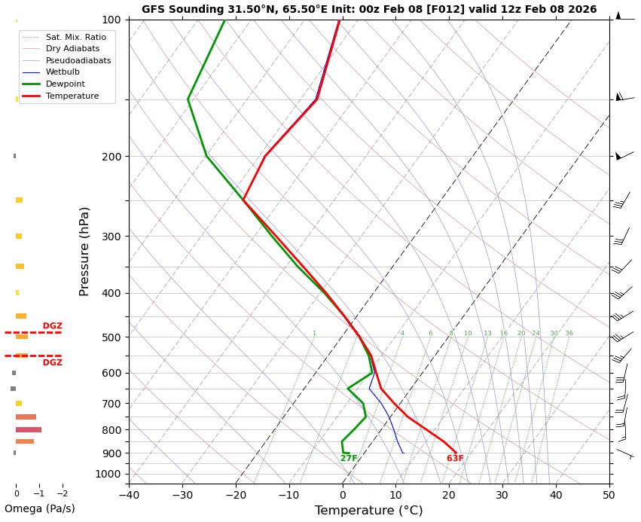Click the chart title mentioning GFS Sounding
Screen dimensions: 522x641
click(x=369, y=10)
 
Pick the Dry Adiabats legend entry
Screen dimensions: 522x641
click(x=72, y=48)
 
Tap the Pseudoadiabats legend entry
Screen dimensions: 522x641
click(x=78, y=60)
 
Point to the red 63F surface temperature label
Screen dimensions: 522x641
click(x=455, y=459)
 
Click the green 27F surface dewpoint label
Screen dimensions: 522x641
click(x=349, y=459)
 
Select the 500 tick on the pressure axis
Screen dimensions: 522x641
click(x=111, y=337)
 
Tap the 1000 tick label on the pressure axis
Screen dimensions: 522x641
click(x=108, y=474)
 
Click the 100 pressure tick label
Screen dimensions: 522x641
click(x=111, y=20)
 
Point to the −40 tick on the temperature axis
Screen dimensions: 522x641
click(x=129, y=495)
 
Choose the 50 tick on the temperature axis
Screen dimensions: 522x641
click(x=609, y=495)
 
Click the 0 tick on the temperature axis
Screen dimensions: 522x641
click(x=343, y=495)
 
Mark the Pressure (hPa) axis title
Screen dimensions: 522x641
click(x=84, y=251)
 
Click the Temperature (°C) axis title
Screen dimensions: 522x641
click(x=368, y=511)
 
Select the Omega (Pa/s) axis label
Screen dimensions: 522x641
click(x=39, y=509)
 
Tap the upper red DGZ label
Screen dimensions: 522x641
click(x=52, y=326)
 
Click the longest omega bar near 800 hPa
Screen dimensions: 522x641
click(x=29, y=429)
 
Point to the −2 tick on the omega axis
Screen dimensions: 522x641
click(x=62, y=494)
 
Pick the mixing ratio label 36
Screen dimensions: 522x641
click(x=569, y=334)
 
